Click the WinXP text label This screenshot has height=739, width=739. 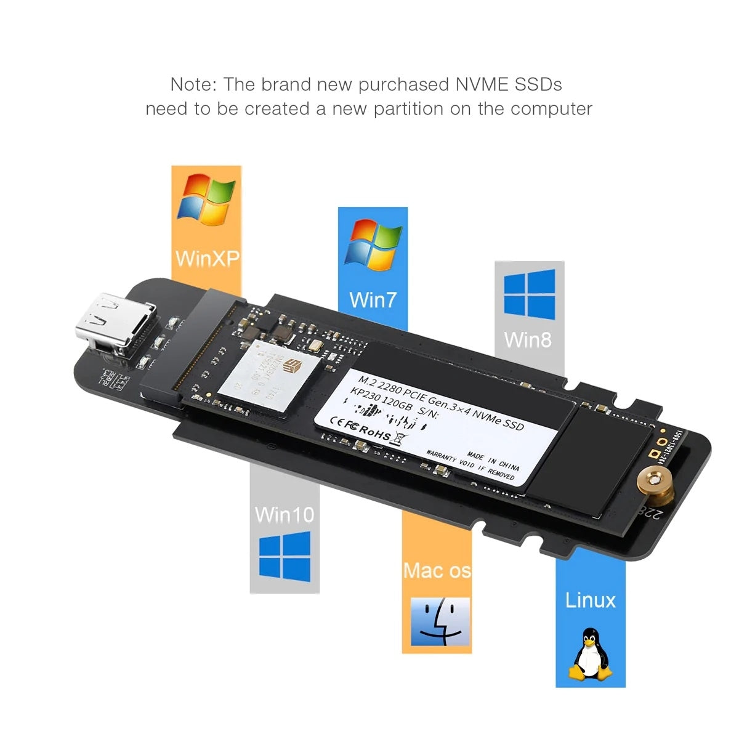click(206, 257)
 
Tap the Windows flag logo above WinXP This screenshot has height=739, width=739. click(206, 200)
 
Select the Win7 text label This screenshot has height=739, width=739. click(373, 300)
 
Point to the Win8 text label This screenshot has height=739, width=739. click(528, 339)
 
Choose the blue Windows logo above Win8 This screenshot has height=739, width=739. click(529, 294)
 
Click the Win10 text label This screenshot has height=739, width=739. click(284, 514)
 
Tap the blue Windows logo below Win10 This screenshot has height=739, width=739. click(285, 558)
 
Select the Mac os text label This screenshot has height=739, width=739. click(437, 570)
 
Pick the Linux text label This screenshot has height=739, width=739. click(590, 600)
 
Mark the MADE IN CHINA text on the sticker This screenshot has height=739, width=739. click(493, 460)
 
